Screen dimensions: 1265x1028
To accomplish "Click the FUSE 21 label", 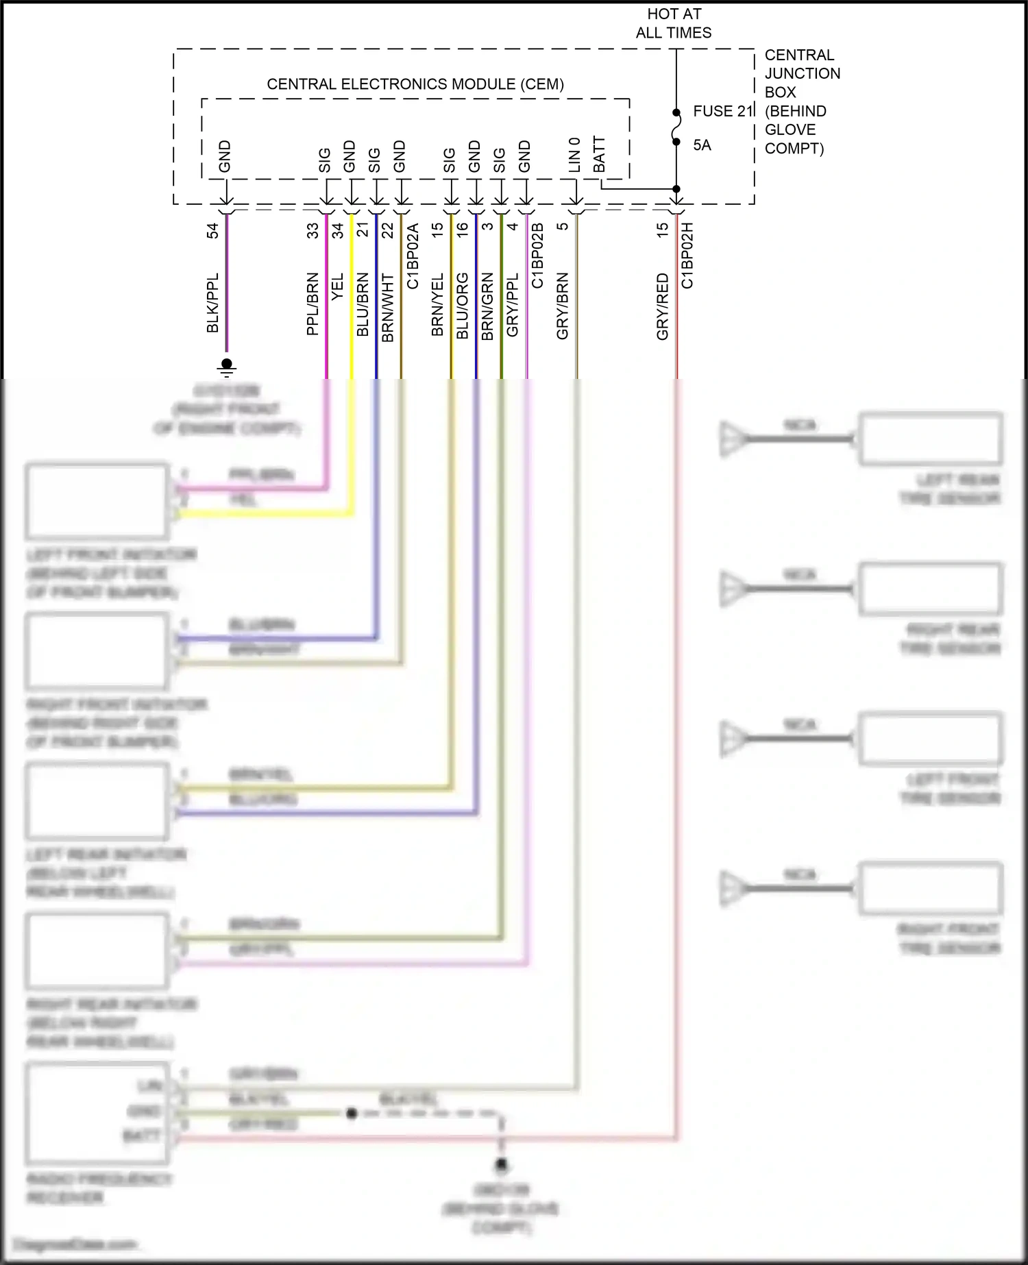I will (722, 111).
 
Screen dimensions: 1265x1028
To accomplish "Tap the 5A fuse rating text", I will (702, 145).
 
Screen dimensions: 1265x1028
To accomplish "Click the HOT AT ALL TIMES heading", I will (674, 23).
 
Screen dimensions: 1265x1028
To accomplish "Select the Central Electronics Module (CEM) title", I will (415, 84).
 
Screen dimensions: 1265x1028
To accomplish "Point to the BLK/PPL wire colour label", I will (212, 303).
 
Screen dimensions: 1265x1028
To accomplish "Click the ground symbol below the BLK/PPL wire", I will (227, 367).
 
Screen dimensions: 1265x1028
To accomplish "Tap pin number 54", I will (212, 230).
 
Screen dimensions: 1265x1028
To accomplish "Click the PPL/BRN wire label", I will (313, 304).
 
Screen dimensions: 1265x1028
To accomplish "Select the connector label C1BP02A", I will (413, 256).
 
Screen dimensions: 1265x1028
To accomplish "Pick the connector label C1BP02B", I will (537, 256).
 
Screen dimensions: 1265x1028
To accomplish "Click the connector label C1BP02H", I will (687, 256).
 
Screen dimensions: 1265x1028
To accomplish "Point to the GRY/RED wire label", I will (662, 306).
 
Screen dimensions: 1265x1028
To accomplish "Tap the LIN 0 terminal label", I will (574, 155).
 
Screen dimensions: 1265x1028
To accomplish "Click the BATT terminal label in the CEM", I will (599, 155).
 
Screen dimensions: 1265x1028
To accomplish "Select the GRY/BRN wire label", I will (562, 306).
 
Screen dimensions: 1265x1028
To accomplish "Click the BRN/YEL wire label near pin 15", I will (437, 304).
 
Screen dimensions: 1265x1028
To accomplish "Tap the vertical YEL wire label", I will (337, 286).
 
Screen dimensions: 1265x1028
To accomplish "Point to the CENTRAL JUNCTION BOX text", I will (802, 73).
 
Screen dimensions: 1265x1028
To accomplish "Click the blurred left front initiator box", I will (97, 502).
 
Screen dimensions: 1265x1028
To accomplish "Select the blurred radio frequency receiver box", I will (97, 1113).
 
